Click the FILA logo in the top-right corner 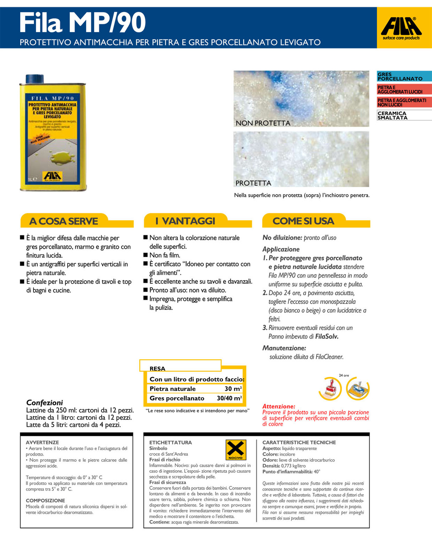click(401, 28)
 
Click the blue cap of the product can click(35, 79)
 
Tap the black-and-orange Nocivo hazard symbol click(236, 450)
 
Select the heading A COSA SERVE click(63, 221)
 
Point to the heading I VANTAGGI click(185, 221)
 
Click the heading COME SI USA click(303, 221)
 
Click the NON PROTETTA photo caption click(263, 123)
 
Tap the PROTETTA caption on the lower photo click(253, 183)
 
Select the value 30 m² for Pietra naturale click(233, 389)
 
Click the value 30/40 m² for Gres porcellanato click(229, 398)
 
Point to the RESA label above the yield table click(157, 369)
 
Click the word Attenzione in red click(278, 406)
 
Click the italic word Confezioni click(44, 403)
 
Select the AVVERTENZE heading click(42, 443)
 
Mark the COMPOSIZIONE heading click(45, 501)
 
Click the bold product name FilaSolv click(326, 336)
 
